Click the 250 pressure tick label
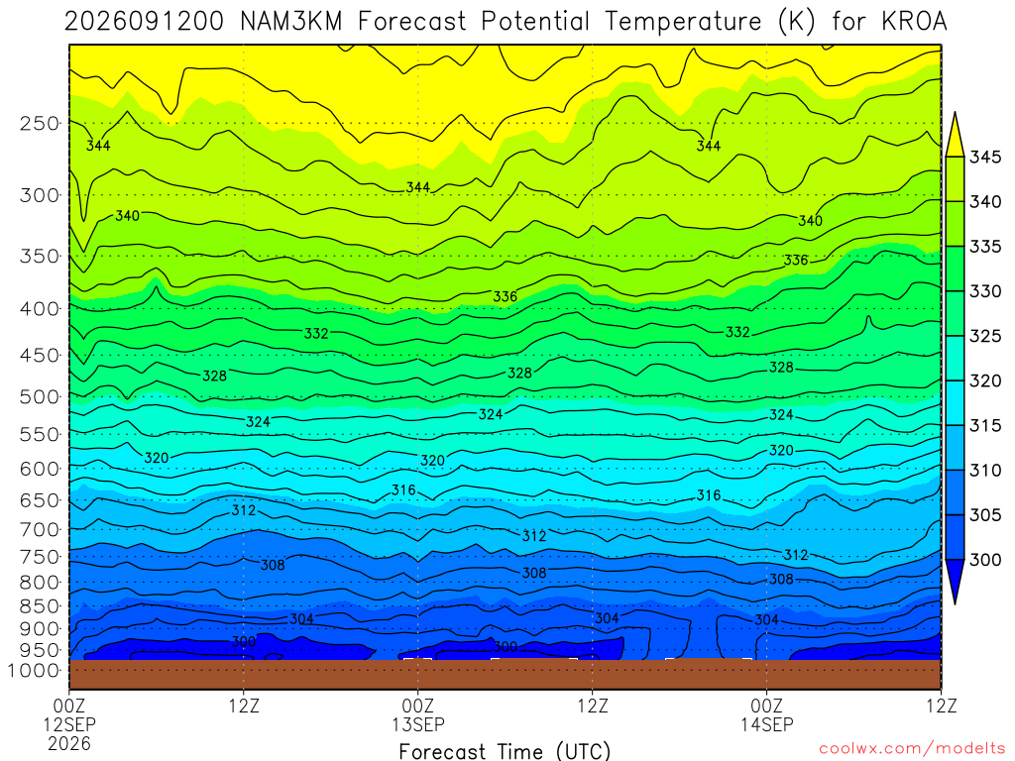coord(40,123)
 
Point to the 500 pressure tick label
coord(40,396)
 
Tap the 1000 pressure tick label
coord(34,671)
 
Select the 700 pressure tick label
coord(40,529)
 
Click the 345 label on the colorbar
coord(985,158)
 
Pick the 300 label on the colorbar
coord(985,560)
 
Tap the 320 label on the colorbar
coord(985,380)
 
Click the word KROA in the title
coord(914,22)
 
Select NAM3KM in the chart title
coord(290,22)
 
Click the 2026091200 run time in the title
coord(144,22)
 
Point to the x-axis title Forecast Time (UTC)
coord(505,751)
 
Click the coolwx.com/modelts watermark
coord(912,749)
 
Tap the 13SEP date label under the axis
coord(418,724)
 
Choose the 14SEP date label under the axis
coord(767,724)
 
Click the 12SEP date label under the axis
coord(69,724)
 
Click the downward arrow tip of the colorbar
coord(955,603)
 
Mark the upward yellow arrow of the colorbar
coord(955,134)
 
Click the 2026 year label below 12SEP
coord(69,743)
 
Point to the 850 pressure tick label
coord(40,606)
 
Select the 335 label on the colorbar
coord(985,247)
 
